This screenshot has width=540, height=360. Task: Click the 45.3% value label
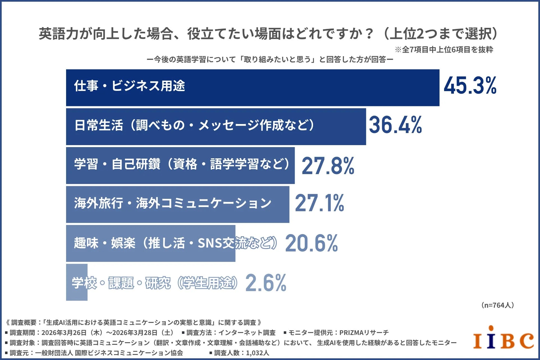[470, 85]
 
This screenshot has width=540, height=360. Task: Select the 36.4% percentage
[395, 125]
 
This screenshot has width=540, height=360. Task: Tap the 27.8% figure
[328, 166]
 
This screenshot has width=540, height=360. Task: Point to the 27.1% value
[319, 203]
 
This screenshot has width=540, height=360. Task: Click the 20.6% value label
[311, 243]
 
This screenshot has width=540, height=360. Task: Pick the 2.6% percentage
[266, 283]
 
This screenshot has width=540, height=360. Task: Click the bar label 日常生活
[99, 125]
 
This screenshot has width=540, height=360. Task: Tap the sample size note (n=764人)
[498, 305]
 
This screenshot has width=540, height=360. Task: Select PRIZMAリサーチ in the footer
[364, 333]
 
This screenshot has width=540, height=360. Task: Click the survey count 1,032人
[257, 353]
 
